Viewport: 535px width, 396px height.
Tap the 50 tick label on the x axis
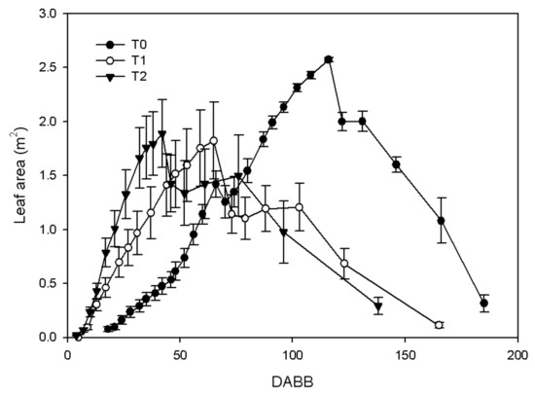pyautogui.click(x=180, y=355)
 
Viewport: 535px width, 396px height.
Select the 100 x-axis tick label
pyautogui.click(x=293, y=355)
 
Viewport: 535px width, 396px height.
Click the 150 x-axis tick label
pyautogui.click(x=405, y=355)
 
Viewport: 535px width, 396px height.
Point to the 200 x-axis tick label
pyautogui.click(x=517, y=355)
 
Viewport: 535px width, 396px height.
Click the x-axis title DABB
pyautogui.click(x=293, y=382)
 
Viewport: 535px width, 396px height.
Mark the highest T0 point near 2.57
pyautogui.click(x=329, y=59)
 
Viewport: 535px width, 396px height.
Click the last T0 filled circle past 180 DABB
pyautogui.click(x=483, y=303)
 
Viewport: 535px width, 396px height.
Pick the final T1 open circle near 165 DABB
pyautogui.click(x=439, y=325)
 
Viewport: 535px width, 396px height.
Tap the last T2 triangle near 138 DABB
pyautogui.click(x=378, y=306)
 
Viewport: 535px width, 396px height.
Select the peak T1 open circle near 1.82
pyautogui.click(x=214, y=141)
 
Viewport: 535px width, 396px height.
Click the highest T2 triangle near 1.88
pyautogui.click(x=162, y=133)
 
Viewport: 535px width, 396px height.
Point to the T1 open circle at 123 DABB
pyautogui.click(x=344, y=264)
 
